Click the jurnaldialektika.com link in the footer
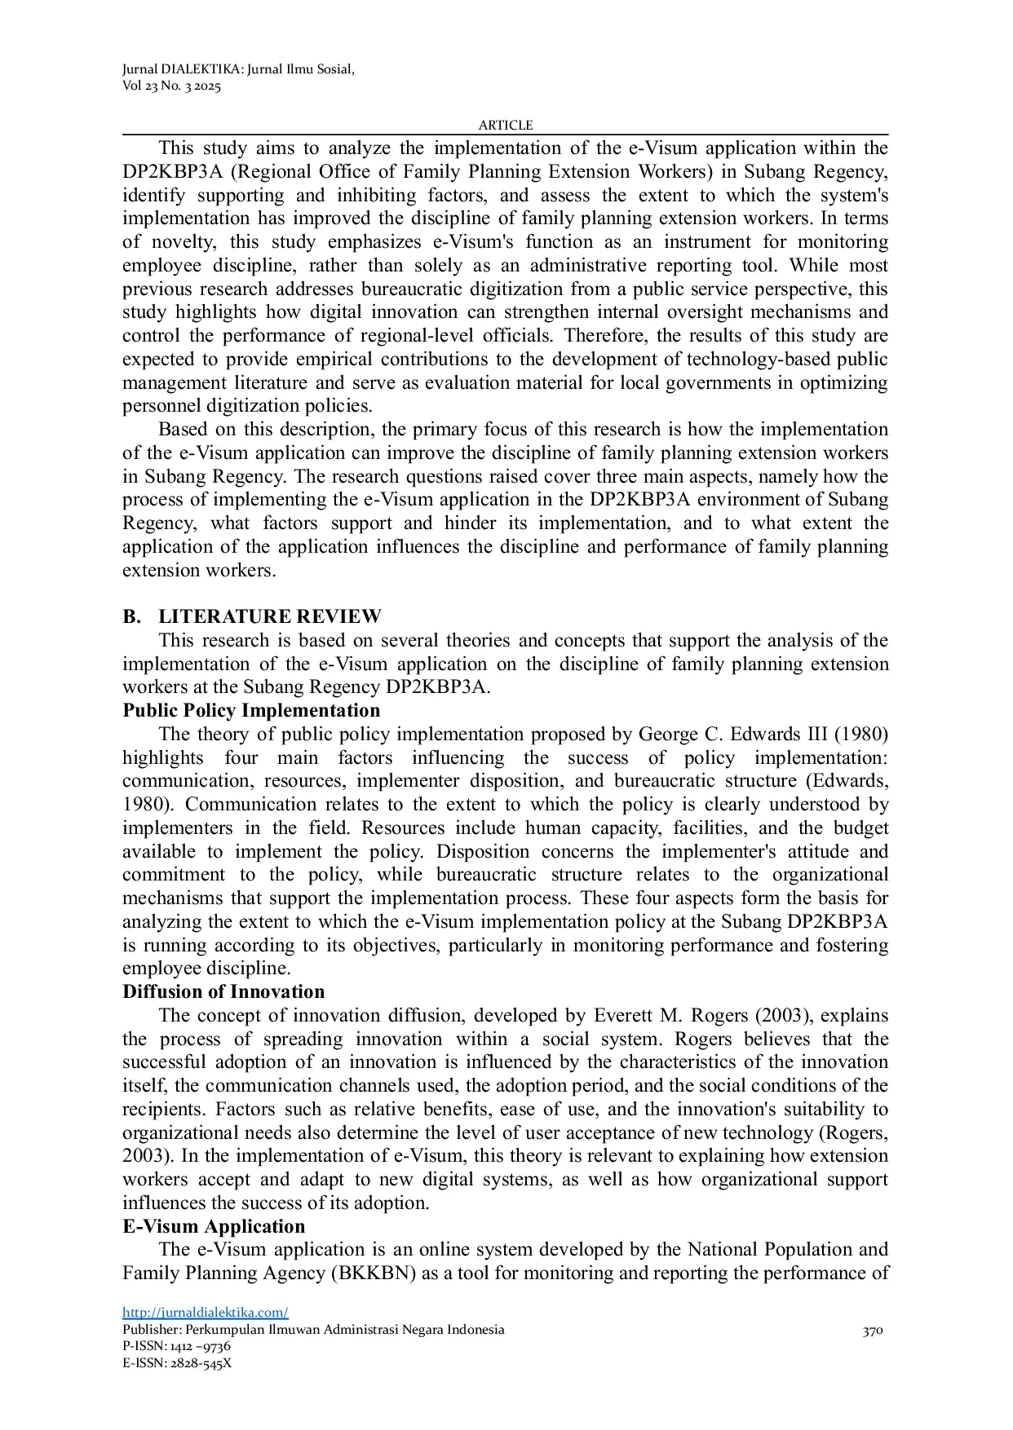tap(206, 1313)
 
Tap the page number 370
tap(873, 1331)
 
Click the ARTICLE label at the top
tap(506, 125)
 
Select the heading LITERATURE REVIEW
tap(269, 616)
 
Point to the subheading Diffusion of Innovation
tap(223, 991)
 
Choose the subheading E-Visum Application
tap(214, 1226)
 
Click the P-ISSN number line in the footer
tap(176, 1346)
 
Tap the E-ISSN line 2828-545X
tap(177, 1363)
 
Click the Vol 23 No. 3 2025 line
tap(171, 86)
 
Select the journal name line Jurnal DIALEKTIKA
tap(238, 69)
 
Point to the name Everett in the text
tap(622, 1015)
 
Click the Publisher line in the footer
tap(313, 1330)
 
